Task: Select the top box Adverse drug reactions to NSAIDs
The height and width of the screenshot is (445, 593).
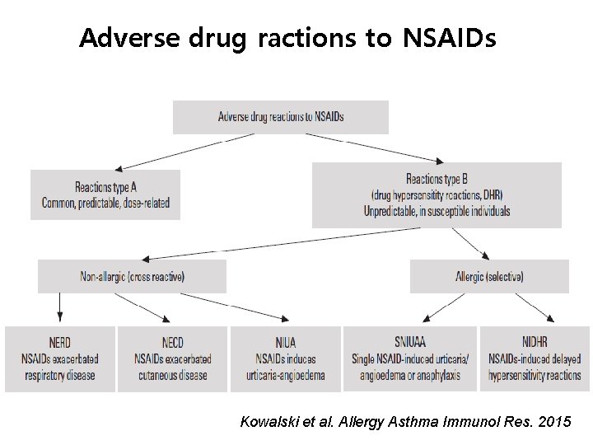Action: coord(280,117)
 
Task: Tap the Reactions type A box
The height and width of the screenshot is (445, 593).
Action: coord(105,194)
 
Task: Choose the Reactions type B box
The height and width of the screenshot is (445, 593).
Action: coord(437,194)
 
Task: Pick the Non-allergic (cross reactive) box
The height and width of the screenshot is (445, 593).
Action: coord(132,276)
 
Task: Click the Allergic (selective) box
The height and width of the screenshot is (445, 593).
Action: coord(489,276)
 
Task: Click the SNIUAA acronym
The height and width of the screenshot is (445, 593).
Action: coord(409,343)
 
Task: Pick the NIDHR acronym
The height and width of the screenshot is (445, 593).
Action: coord(534,343)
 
